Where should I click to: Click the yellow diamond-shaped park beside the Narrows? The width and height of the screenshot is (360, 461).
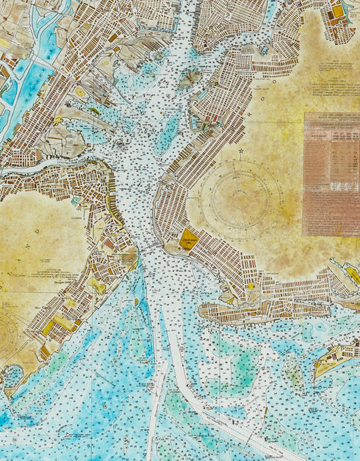pos(189,239)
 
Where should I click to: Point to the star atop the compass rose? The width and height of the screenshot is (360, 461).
pos(240,153)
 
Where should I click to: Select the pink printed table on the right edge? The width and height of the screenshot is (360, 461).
pos(331,174)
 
